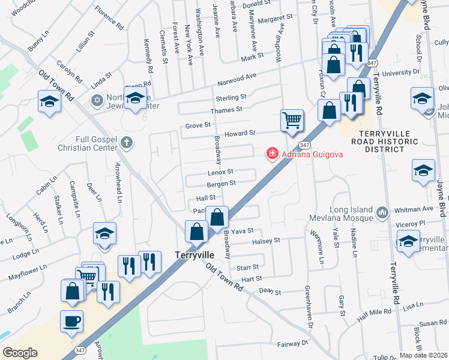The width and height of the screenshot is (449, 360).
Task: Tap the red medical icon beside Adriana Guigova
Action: click(273, 154)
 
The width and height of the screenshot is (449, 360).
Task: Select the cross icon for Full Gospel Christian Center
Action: click(126, 143)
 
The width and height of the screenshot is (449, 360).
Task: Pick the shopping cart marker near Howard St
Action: click(292, 120)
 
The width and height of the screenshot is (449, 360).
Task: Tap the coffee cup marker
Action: click(72, 321)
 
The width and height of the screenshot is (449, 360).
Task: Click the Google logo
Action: click(20, 353)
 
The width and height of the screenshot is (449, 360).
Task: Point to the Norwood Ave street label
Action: click(237, 79)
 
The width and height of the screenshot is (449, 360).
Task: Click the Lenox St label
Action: click(220, 172)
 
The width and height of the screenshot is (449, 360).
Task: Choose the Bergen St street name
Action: click(221, 183)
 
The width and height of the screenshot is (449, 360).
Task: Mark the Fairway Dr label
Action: click(293, 344)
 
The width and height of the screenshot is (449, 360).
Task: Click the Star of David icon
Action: click(96, 100)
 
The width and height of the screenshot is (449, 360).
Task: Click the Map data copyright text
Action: click(424, 355)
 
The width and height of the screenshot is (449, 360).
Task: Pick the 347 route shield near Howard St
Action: click(304, 145)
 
